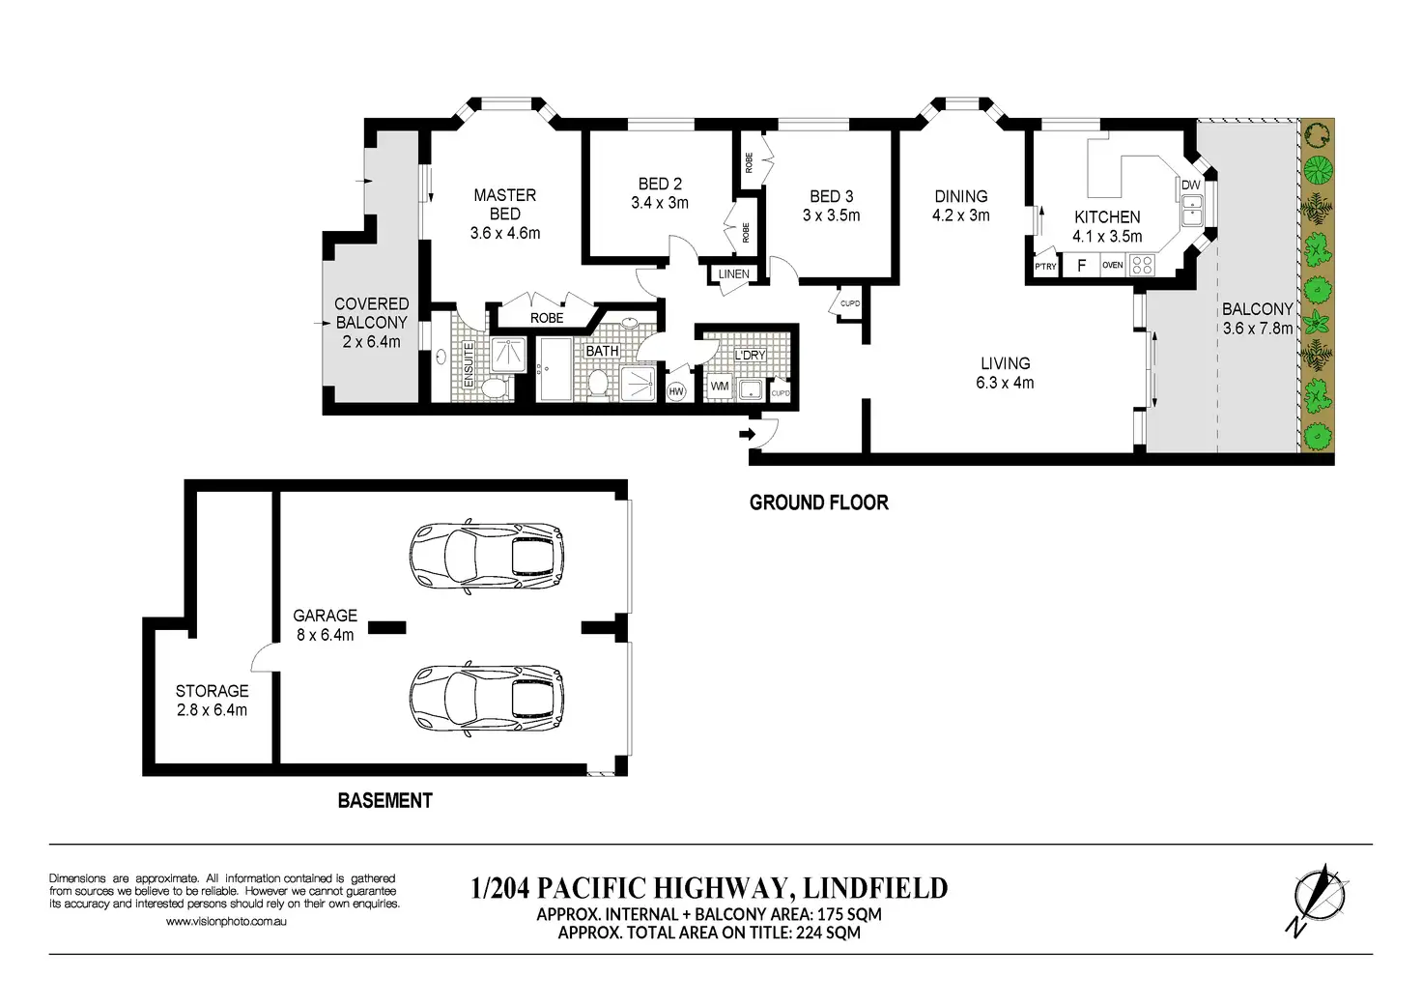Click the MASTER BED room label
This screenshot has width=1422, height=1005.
pos(504,205)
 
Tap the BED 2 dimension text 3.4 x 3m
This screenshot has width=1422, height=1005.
pos(660,203)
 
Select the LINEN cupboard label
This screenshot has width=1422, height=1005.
pos(734,274)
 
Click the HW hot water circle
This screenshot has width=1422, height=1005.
pos(676,391)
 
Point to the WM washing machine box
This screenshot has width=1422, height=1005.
pos(720,386)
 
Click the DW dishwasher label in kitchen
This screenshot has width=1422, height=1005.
pos(1191,185)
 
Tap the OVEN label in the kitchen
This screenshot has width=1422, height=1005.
pos(1112,265)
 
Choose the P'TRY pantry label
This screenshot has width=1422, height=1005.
pos(1045,267)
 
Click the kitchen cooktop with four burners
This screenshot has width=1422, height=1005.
pos(1142,265)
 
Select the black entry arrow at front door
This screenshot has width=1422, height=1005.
pos(748,434)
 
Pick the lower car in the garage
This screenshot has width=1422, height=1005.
pos(486,699)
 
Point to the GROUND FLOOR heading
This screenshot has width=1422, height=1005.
pos(819,502)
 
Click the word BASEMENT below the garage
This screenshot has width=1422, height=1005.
pos(384,800)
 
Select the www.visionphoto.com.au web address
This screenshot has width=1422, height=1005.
pos(226,922)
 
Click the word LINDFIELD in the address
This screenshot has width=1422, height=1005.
pos(875,888)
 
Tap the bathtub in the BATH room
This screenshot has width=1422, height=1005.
pos(555,369)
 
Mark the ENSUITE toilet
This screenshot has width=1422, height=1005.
pos(493,388)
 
